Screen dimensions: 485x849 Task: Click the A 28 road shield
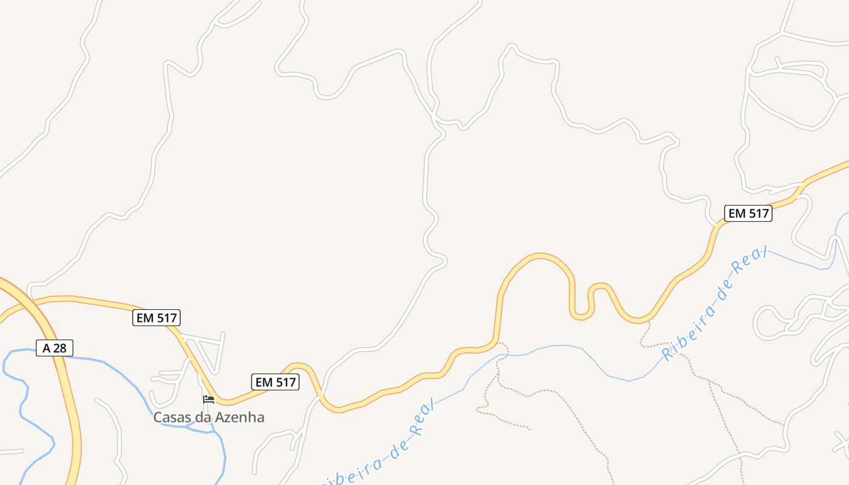click(x=55, y=348)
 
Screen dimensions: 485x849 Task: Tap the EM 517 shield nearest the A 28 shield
click(x=156, y=317)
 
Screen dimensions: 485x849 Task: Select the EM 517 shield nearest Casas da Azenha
click(x=275, y=382)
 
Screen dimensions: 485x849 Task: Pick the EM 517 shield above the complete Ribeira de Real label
click(x=748, y=213)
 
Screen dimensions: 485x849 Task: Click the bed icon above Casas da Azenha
click(x=209, y=399)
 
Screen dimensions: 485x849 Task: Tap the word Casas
click(x=171, y=417)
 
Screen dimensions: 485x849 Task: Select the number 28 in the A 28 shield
click(x=61, y=348)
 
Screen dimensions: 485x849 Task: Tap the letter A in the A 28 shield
click(x=46, y=348)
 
